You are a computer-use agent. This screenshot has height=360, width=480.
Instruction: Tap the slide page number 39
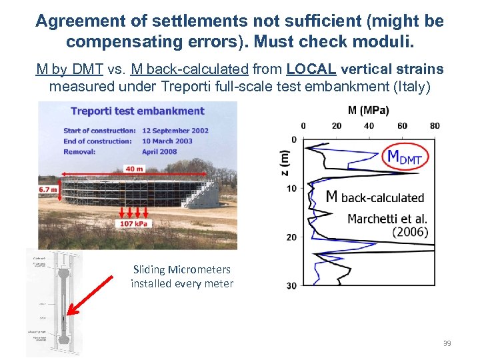[x=447, y=343]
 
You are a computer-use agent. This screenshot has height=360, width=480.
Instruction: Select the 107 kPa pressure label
[x=134, y=223]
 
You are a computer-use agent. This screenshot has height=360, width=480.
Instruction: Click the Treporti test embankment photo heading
[x=137, y=111]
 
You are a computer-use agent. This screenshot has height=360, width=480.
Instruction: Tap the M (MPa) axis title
[x=368, y=110]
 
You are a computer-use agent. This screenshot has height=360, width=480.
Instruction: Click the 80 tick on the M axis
[x=435, y=125]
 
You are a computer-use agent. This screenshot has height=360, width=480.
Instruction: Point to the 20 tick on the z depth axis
[x=291, y=237]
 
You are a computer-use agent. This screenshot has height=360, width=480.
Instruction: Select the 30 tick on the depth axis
[x=291, y=286]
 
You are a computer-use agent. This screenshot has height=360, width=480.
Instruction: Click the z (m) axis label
[x=285, y=163]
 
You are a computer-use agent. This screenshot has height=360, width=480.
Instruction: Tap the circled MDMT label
[x=405, y=158]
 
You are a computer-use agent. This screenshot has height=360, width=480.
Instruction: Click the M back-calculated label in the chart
[x=374, y=197]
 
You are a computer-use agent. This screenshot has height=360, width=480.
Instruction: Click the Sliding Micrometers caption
[x=182, y=277]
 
